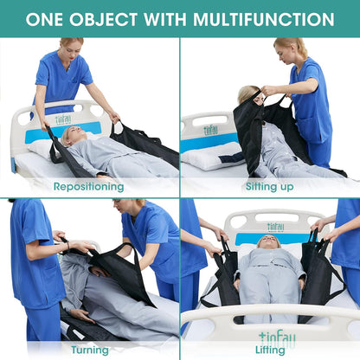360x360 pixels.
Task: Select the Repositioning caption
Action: (89, 186)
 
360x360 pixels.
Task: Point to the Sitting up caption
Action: (269, 186)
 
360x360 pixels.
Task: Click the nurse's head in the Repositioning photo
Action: (71, 46)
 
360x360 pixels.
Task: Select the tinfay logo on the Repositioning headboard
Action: (63, 119)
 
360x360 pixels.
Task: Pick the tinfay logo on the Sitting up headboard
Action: (210, 130)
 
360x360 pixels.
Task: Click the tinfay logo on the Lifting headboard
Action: (275, 227)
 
